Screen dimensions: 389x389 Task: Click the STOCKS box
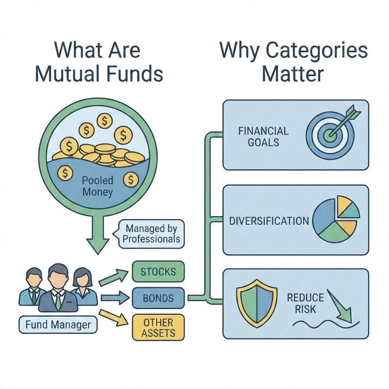pyautogui.click(x=158, y=272)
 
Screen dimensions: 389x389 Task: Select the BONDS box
pyautogui.click(x=158, y=298)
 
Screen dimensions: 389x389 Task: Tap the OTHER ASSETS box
pyautogui.click(x=158, y=328)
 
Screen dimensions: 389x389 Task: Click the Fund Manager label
pyautogui.click(x=58, y=325)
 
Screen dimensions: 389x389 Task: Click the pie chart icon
pyautogui.click(x=336, y=219)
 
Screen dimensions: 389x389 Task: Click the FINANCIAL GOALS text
pyautogui.click(x=263, y=137)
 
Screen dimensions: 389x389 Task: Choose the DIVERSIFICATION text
pyautogui.click(x=269, y=221)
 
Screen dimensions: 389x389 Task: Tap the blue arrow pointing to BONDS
pyautogui.click(x=115, y=297)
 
